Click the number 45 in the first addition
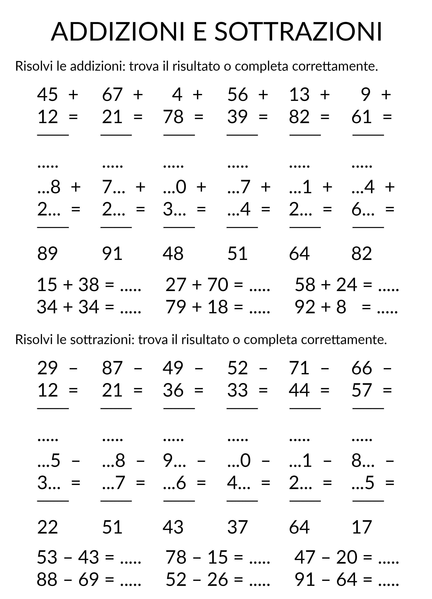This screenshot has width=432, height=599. [47, 94]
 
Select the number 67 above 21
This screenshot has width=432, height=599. [112, 94]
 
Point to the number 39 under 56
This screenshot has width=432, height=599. [237, 117]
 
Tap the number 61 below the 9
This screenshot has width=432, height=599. [362, 117]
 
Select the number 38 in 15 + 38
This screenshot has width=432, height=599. [89, 285]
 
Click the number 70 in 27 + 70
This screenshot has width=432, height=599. [218, 285]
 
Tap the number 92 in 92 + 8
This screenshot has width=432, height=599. [305, 307]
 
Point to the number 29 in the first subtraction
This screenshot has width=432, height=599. [47, 368]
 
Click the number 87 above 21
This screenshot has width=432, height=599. [112, 368]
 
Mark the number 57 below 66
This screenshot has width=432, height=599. [362, 390]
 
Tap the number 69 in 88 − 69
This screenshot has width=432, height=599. [89, 580]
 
